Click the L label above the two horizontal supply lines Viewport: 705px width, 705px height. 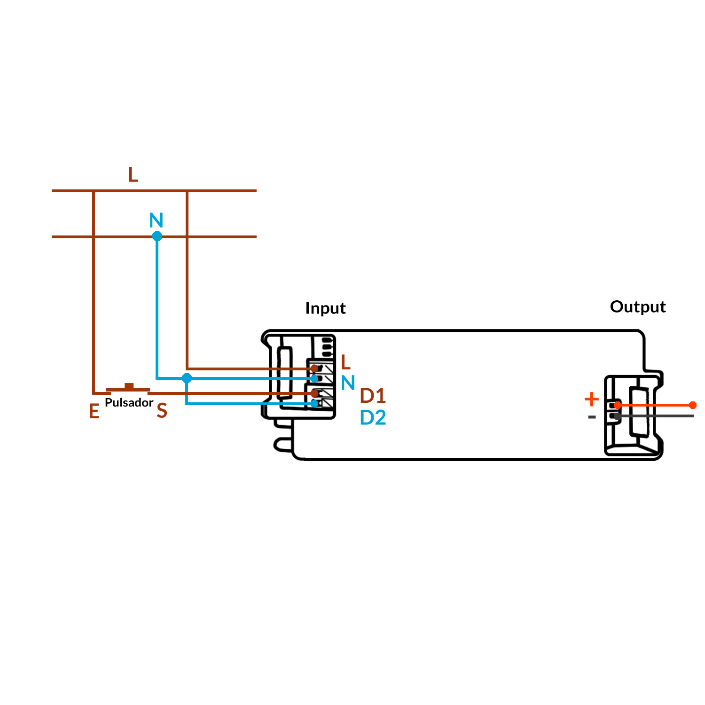click(x=133, y=175)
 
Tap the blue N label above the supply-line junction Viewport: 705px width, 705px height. click(x=156, y=220)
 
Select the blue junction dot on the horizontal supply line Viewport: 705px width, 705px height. click(x=157, y=236)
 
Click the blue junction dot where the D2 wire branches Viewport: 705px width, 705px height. click(x=187, y=378)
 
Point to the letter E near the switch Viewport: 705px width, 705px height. click(x=94, y=412)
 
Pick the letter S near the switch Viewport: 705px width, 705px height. click(x=162, y=411)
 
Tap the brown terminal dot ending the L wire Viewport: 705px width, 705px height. click(x=314, y=368)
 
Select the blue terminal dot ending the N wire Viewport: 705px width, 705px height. click(x=314, y=379)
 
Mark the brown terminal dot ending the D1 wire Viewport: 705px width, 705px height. click(x=314, y=393)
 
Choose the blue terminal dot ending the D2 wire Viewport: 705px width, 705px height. click(x=314, y=404)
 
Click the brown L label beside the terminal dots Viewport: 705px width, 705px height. click(x=345, y=362)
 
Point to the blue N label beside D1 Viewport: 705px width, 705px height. click(x=348, y=383)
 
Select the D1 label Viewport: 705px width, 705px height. click(x=373, y=396)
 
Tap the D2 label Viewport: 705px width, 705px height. click(x=373, y=418)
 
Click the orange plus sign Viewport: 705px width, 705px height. click(x=591, y=399)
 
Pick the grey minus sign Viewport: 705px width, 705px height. click(x=592, y=417)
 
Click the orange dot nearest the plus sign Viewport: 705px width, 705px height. click(x=618, y=405)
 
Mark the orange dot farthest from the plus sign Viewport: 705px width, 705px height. click(x=692, y=405)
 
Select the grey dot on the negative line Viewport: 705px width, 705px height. click(x=618, y=416)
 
